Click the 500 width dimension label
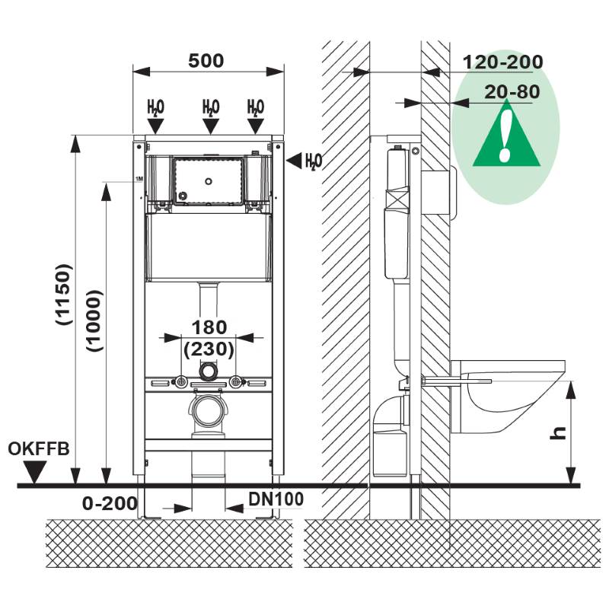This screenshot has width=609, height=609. pos(206,61)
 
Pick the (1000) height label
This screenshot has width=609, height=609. pos(95,320)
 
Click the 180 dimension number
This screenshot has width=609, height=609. pos(209,327)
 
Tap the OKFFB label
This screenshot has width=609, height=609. pos(39,448)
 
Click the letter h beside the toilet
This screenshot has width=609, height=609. pos(559,432)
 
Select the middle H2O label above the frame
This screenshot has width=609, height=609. pos(211,107)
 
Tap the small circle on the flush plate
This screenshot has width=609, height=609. pos(208,182)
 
